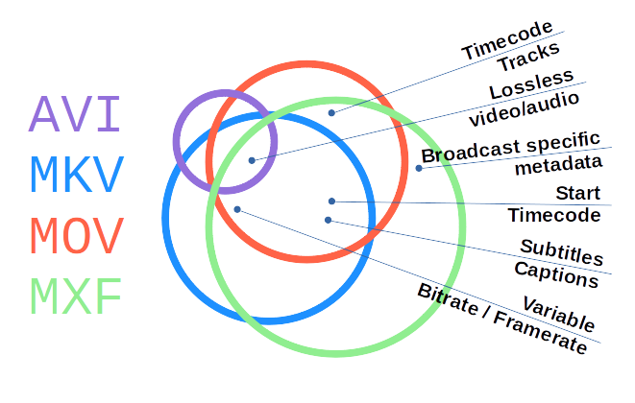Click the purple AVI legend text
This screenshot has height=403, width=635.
pos(76,114)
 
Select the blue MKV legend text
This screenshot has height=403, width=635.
pos(76,175)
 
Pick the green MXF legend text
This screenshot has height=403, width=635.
pos(76,296)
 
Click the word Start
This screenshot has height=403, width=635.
pos(578,193)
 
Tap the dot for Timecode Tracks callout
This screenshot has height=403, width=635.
pos(331,112)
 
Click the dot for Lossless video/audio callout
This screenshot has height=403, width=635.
pos(252,160)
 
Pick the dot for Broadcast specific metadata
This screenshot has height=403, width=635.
pos(419,168)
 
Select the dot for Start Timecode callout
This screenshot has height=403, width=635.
pos(331,201)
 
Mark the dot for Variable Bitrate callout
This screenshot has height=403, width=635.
pos(237,208)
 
